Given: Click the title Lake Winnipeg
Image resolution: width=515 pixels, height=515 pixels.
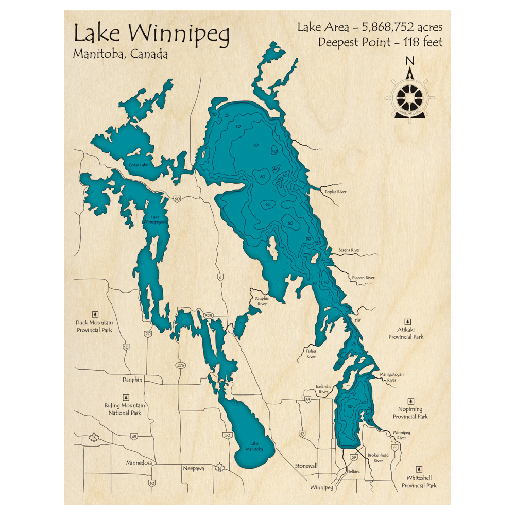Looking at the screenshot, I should pos(151,34).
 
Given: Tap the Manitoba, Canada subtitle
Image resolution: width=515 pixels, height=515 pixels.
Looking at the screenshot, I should pos(121,54).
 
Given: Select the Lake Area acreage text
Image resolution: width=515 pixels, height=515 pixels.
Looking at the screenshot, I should pos(369,27).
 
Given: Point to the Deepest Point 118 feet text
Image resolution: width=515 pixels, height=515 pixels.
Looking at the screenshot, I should pos(380,42).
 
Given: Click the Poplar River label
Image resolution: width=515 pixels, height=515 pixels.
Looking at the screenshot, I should pos(335,192).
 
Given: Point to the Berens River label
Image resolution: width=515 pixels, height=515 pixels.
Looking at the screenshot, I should pos(349,250).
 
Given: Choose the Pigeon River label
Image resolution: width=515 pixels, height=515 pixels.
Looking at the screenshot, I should pos(363,278).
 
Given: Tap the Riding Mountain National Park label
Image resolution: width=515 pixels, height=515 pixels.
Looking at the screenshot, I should pos(125,409).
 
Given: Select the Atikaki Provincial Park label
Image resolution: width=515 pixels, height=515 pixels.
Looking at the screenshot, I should pos(406,333).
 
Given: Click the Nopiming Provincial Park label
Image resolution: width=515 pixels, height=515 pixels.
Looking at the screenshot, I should pos(410,413).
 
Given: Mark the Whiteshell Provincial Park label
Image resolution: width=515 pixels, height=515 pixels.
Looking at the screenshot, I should pos(418,482).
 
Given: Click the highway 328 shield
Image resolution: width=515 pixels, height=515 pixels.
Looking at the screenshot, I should pos(208,315).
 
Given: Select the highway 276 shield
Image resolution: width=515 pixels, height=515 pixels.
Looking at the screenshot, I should pos(180,365).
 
